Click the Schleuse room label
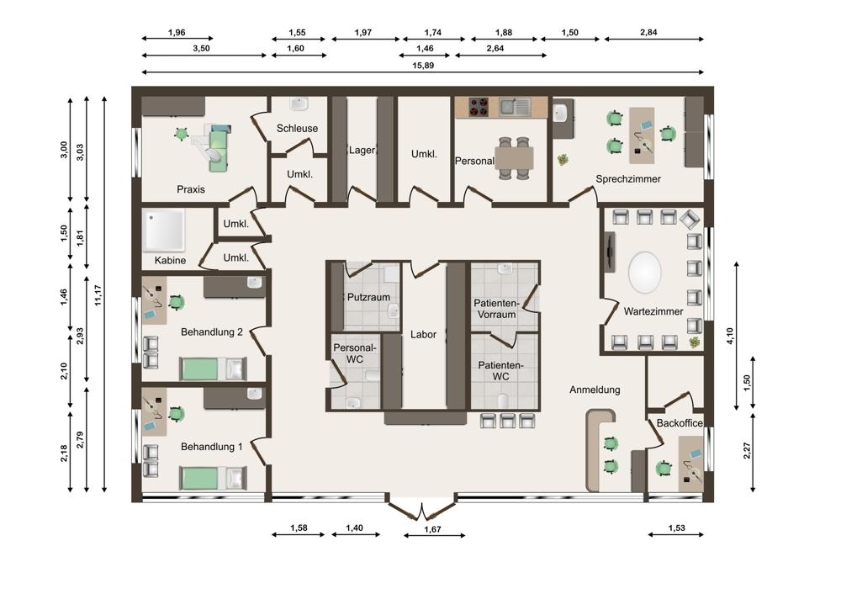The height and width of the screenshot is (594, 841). tap(297, 128)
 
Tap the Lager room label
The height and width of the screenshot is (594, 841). tap(362, 151)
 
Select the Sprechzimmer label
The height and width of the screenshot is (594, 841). tap(628, 178)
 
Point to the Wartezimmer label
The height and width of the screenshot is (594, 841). tap(653, 311)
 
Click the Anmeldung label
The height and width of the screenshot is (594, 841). tap(595, 390)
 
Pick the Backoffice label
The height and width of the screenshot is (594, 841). tap(680, 423)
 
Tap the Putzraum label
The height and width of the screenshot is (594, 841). tap(368, 297)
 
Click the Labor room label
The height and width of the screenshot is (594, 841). tap(423, 334)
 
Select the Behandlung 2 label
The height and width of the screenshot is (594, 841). tap(211, 332)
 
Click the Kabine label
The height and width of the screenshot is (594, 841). tap(170, 260)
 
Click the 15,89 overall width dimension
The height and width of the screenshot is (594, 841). tap(423, 66)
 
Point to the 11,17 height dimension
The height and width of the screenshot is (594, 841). tap(98, 295)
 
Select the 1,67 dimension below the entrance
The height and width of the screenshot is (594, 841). tap(432, 529)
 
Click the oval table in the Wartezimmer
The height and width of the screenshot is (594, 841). tap(644, 272)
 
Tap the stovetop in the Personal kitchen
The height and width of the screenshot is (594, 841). tap(479, 107)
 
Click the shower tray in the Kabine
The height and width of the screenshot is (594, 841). tap(164, 230)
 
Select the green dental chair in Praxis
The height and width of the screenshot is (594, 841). tap(216, 146)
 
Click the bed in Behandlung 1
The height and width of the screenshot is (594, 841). tap(213, 478)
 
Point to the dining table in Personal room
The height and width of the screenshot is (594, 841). tap(514, 158)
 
